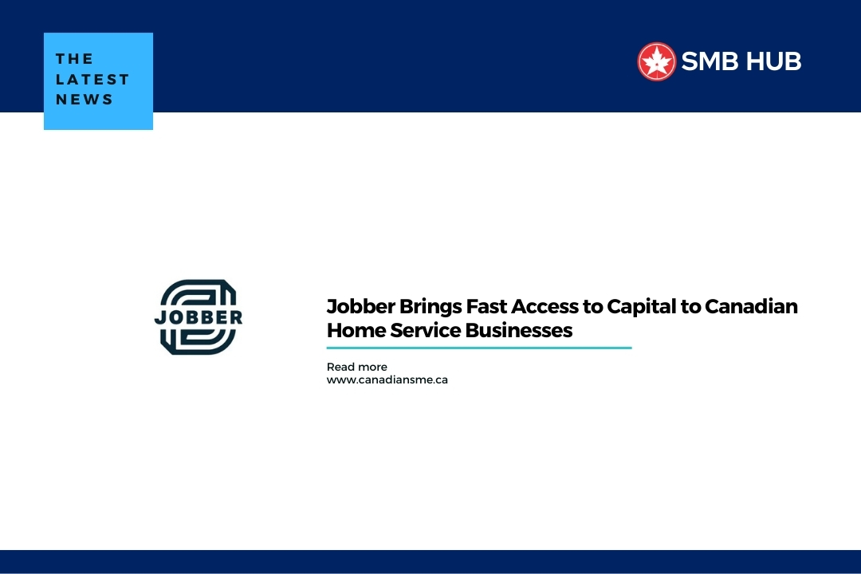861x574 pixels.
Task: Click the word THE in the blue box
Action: click(74, 59)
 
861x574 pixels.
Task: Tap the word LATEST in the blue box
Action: click(92, 79)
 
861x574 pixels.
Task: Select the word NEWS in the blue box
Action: click(84, 100)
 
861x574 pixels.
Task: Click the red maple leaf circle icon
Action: click(656, 61)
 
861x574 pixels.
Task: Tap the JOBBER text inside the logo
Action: click(199, 317)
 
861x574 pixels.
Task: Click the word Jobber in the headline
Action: click(361, 306)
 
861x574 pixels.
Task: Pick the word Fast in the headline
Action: click(486, 306)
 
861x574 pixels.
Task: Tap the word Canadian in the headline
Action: click(751, 306)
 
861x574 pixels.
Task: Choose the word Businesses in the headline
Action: click(519, 331)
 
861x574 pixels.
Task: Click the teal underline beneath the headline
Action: click(479, 348)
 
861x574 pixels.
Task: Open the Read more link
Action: click(357, 367)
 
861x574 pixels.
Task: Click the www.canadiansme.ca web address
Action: click(387, 380)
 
